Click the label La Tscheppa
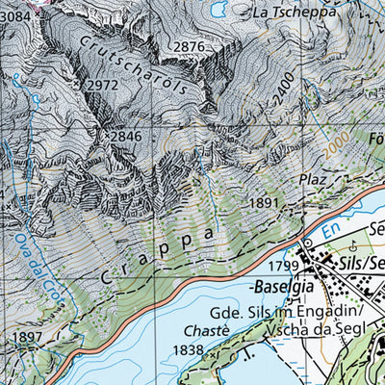(x=295, y=13)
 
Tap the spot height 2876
(x=191, y=47)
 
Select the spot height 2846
(x=125, y=137)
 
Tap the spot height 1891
(x=264, y=203)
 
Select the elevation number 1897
(x=30, y=337)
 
